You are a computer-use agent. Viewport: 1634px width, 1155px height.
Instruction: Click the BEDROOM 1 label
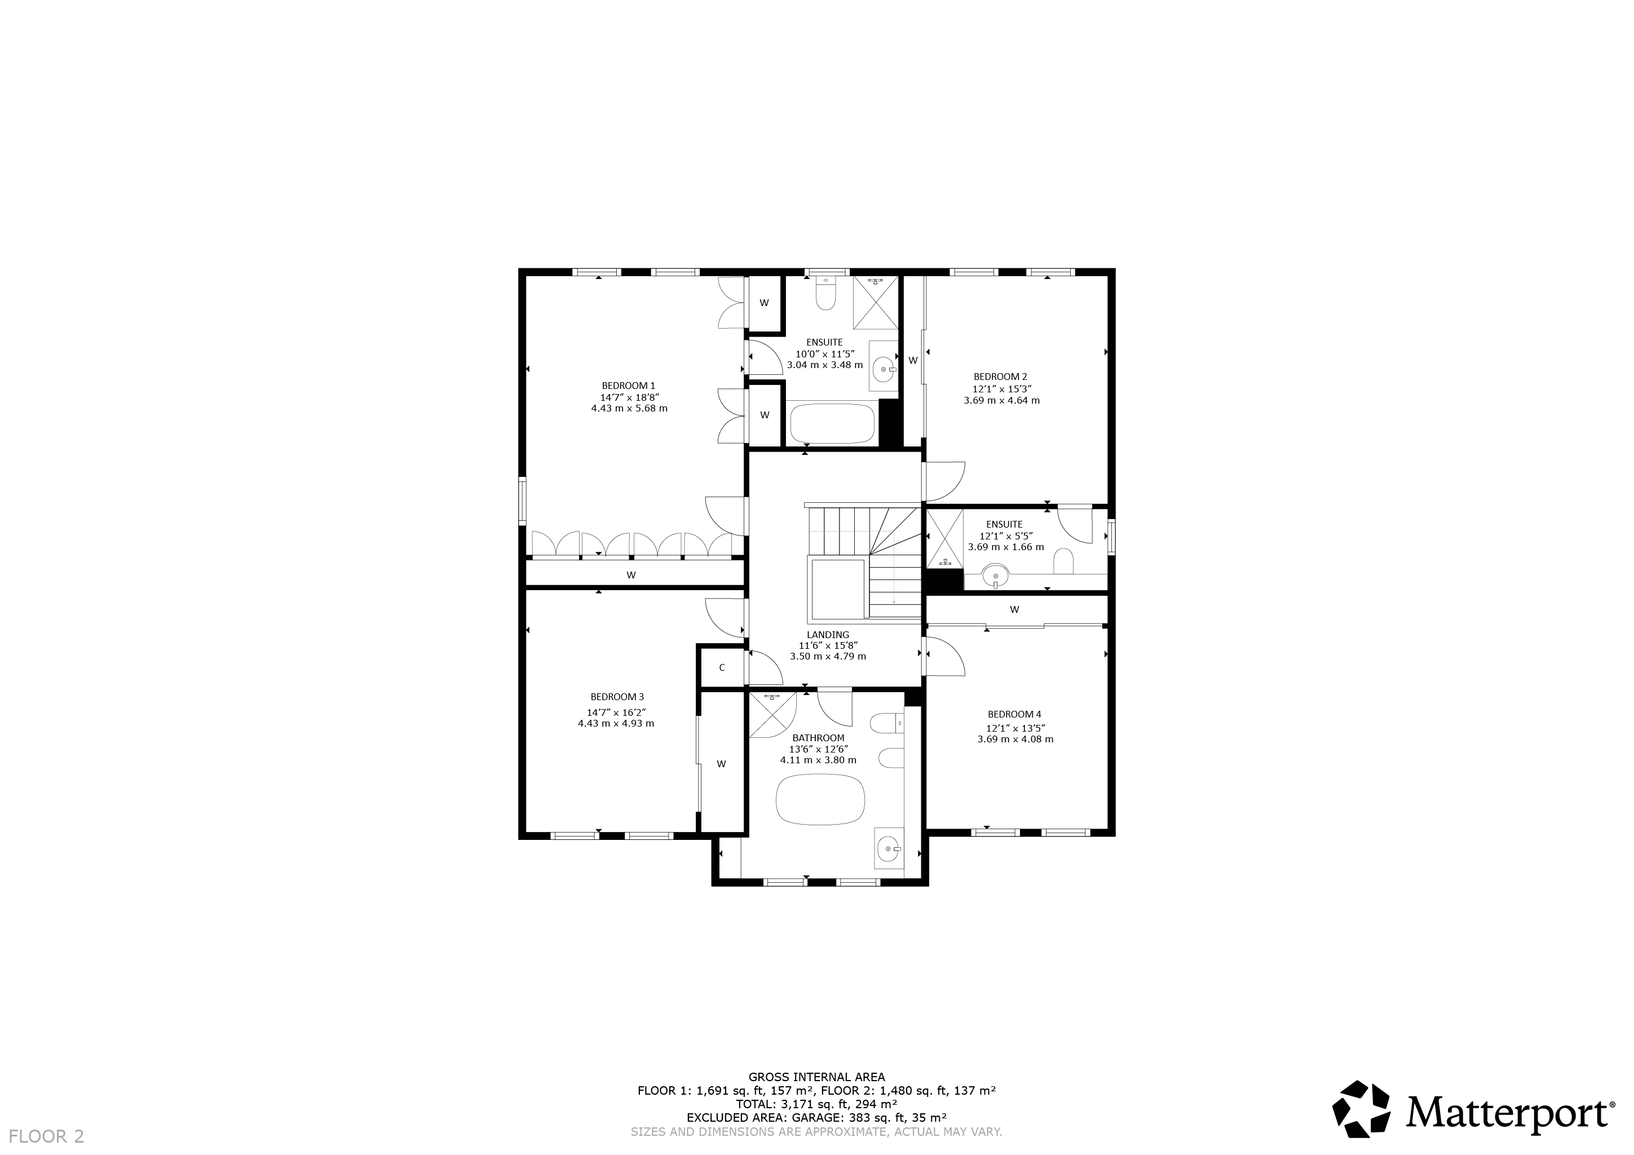pyautogui.click(x=629, y=386)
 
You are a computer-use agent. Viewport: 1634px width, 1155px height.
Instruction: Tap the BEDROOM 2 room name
pyautogui.click(x=1001, y=377)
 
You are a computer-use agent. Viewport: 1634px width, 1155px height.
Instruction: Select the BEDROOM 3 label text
pyautogui.click(x=617, y=697)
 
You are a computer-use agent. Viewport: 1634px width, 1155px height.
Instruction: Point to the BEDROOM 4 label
pyautogui.click(x=1014, y=715)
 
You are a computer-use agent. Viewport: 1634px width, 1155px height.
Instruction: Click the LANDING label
pyautogui.click(x=828, y=635)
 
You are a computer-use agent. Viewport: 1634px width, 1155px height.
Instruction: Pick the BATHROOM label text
pyautogui.click(x=819, y=738)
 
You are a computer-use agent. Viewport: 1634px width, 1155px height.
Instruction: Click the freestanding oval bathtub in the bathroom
pyautogui.click(x=820, y=800)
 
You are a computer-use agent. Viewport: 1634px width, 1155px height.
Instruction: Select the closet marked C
pyautogui.click(x=722, y=667)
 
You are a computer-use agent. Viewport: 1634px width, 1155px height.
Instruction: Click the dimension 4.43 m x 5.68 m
pyautogui.click(x=629, y=409)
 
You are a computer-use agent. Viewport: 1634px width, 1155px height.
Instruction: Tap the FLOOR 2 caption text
pyautogui.click(x=46, y=1136)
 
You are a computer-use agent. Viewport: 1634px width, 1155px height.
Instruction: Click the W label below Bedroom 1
pyautogui.click(x=630, y=575)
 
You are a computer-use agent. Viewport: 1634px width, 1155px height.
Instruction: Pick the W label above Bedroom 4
pyautogui.click(x=1014, y=609)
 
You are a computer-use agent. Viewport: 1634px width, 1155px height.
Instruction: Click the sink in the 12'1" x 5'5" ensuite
pyautogui.click(x=996, y=575)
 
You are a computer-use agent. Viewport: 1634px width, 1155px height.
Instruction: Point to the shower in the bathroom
pyautogui.click(x=772, y=715)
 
